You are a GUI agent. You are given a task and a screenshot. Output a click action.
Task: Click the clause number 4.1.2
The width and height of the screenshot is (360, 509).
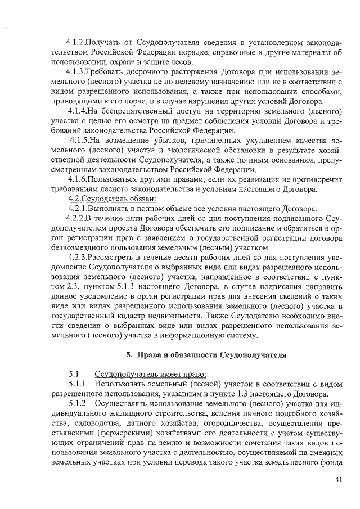pos(77,43)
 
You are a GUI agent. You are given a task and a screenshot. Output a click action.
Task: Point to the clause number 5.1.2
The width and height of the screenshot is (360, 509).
pos(78,404)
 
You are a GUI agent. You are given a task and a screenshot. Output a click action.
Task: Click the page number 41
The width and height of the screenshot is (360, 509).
pos(337,480)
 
